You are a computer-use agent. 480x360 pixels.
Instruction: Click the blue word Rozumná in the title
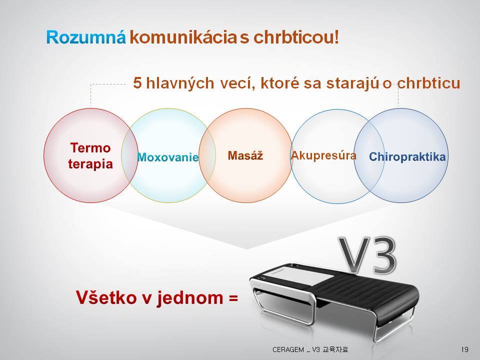point(86,37)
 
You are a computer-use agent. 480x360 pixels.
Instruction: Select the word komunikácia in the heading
point(183,37)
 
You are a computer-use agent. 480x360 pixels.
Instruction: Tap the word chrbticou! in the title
point(296,37)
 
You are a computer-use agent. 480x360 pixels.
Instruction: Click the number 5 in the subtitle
point(138,83)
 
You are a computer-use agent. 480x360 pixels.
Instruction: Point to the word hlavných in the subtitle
point(180,83)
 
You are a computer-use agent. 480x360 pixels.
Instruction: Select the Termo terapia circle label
point(90,156)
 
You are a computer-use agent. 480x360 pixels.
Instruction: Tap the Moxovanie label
point(168,157)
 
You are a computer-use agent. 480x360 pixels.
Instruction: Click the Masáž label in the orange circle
point(245,155)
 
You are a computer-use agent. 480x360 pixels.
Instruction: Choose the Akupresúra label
point(323,156)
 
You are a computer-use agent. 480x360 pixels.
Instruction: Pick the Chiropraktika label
point(407,156)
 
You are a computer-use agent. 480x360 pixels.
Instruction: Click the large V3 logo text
point(367,255)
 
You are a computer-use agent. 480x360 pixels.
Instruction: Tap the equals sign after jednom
point(233,298)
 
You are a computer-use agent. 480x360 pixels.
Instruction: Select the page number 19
point(464,349)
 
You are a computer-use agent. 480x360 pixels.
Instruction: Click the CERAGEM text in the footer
point(288,349)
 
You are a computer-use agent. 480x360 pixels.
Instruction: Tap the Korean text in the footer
point(335,349)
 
